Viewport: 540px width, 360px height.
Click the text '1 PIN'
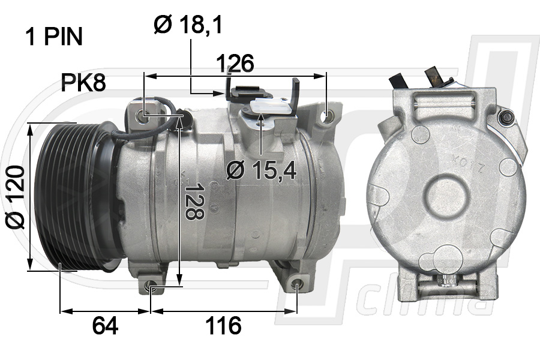[x=53, y=37]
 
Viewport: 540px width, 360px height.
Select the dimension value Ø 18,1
[x=188, y=25]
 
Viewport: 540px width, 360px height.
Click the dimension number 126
[x=235, y=62]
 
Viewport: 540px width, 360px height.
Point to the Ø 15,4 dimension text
[x=262, y=171]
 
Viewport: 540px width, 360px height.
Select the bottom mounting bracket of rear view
[x=446, y=284]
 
